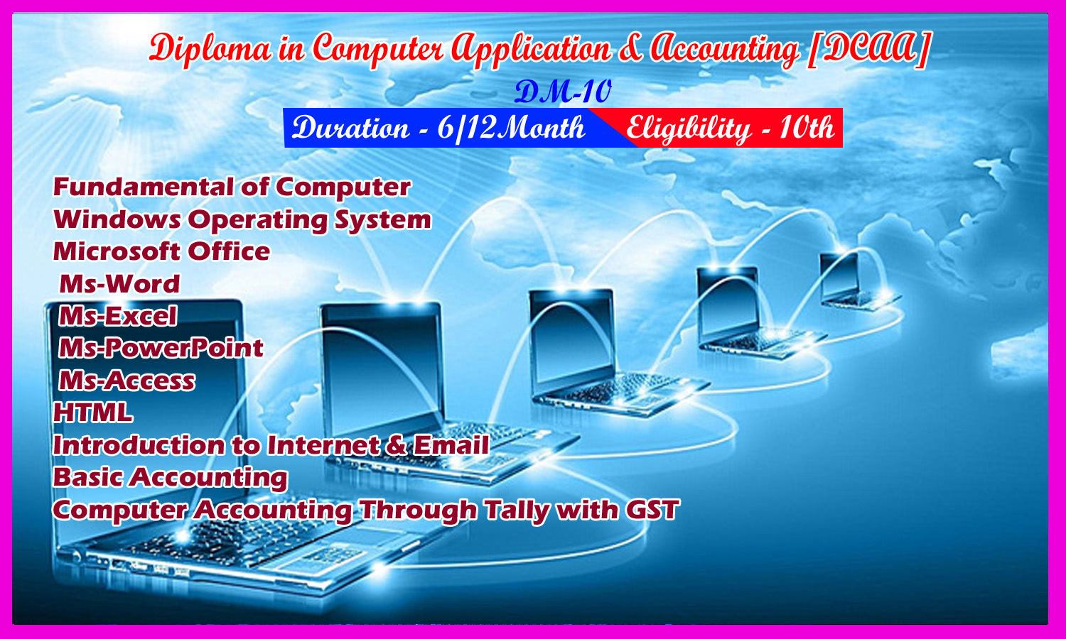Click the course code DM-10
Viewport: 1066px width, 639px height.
tap(563, 92)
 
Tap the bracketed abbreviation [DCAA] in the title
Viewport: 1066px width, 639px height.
tap(868, 49)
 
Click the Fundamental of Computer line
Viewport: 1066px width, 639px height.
tap(232, 187)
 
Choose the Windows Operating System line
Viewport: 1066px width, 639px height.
tap(242, 220)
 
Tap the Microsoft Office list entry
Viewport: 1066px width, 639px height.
tap(161, 251)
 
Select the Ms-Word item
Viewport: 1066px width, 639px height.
tap(119, 284)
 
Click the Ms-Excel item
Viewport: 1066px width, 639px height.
tap(118, 316)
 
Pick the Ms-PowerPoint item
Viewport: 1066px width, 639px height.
tap(161, 349)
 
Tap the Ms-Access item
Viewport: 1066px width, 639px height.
tap(127, 381)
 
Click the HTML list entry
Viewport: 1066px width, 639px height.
tap(93, 413)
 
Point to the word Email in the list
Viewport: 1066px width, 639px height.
tap(451, 445)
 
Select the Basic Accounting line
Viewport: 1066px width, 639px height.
tap(171, 478)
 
